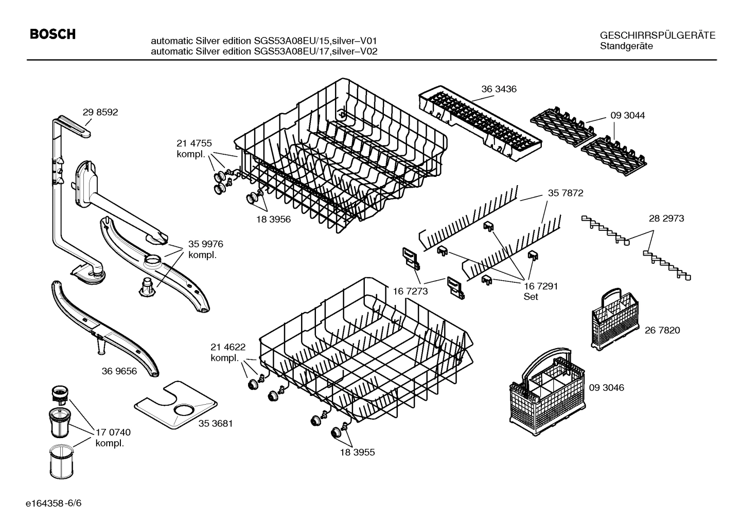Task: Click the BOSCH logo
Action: click(x=52, y=34)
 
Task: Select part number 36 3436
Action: click(x=499, y=89)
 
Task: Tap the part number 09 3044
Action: click(x=627, y=115)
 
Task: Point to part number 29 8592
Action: click(x=100, y=112)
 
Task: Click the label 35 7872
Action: click(x=565, y=193)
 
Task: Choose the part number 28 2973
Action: click(x=666, y=218)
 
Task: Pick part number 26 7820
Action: click(x=662, y=330)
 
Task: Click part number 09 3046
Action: click(x=606, y=387)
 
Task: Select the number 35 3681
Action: click(x=216, y=424)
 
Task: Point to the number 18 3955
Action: click(x=357, y=453)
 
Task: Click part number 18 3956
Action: click(x=273, y=219)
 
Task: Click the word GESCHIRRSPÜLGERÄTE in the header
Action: click(x=657, y=35)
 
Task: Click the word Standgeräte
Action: click(x=626, y=46)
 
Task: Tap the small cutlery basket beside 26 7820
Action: click(x=614, y=318)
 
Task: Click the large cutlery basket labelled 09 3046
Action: click(x=546, y=391)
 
